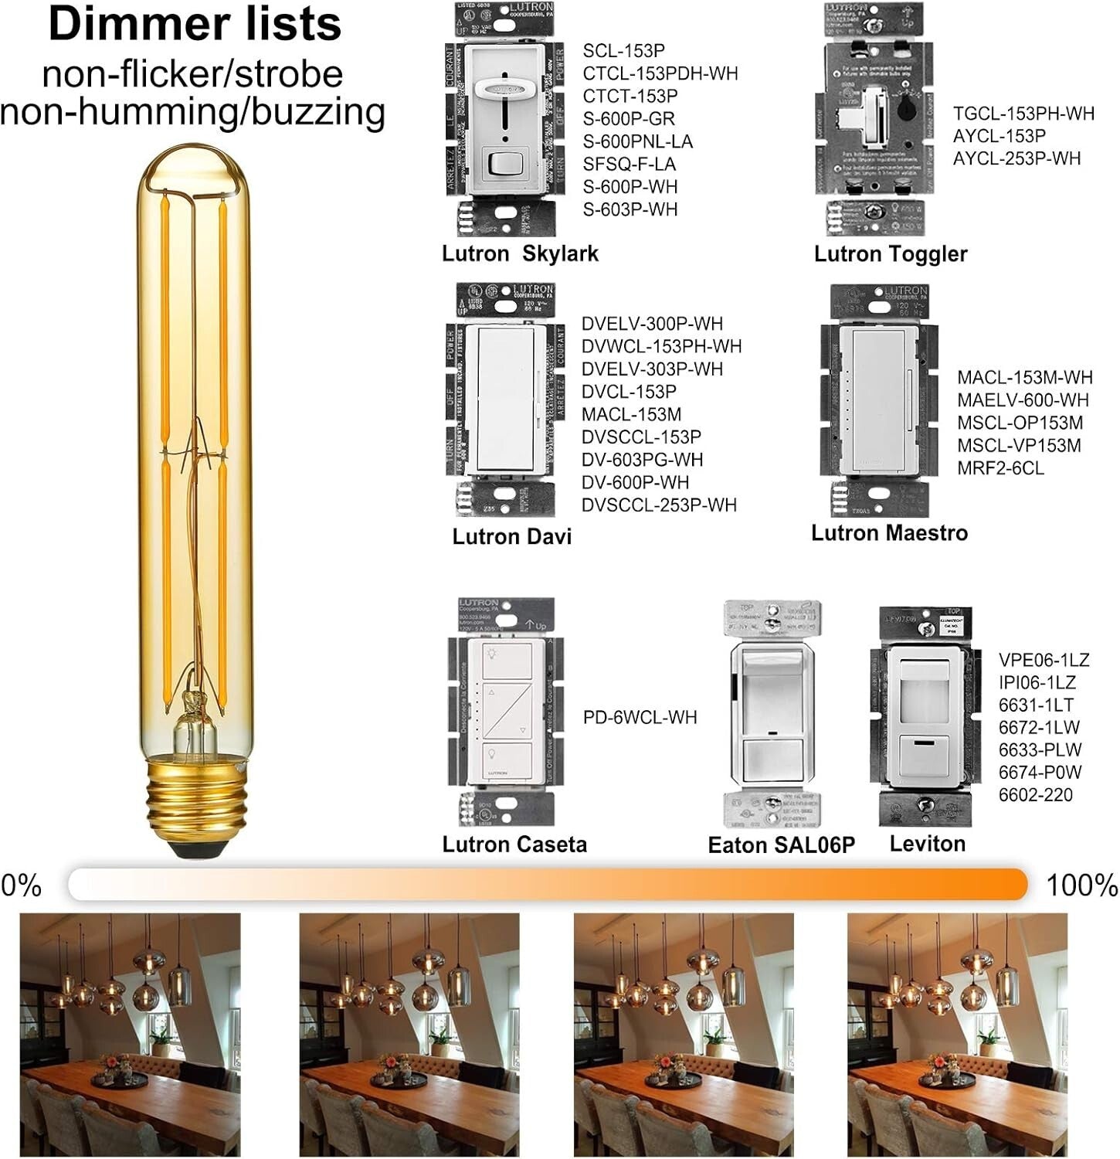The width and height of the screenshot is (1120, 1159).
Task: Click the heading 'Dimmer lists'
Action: click(x=195, y=25)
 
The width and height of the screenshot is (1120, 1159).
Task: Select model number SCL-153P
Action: click(x=623, y=51)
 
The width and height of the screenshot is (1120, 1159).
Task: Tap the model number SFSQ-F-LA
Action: click(x=629, y=165)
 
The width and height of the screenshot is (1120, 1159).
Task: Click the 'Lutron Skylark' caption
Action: click(x=520, y=253)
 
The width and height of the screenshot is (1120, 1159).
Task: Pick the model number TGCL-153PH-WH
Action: click(x=1023, y=114)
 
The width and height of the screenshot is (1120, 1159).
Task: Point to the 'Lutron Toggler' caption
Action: click(x=890, y=254)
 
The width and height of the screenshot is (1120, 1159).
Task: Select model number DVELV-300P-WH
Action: click(x=652, y=324)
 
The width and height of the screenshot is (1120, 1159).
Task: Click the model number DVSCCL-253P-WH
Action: click(x=659, y=505)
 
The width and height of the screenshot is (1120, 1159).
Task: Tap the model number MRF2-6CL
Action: click(x=1000, y=468)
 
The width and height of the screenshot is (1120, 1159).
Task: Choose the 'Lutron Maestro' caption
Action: click(x=889, y=533)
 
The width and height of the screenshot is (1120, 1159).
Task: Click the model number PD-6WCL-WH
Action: click(x=640, y=718)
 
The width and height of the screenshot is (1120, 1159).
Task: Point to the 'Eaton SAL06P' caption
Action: click(x=781, y=845)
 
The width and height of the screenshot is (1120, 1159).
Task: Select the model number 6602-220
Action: click(x=1035, y=795)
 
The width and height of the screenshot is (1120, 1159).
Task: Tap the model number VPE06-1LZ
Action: click(x=1044, y=661)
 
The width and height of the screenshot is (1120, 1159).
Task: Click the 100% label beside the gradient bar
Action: click(x=1081, y=885)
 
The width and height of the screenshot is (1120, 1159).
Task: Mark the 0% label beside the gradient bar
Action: click(x=21, y=885)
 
